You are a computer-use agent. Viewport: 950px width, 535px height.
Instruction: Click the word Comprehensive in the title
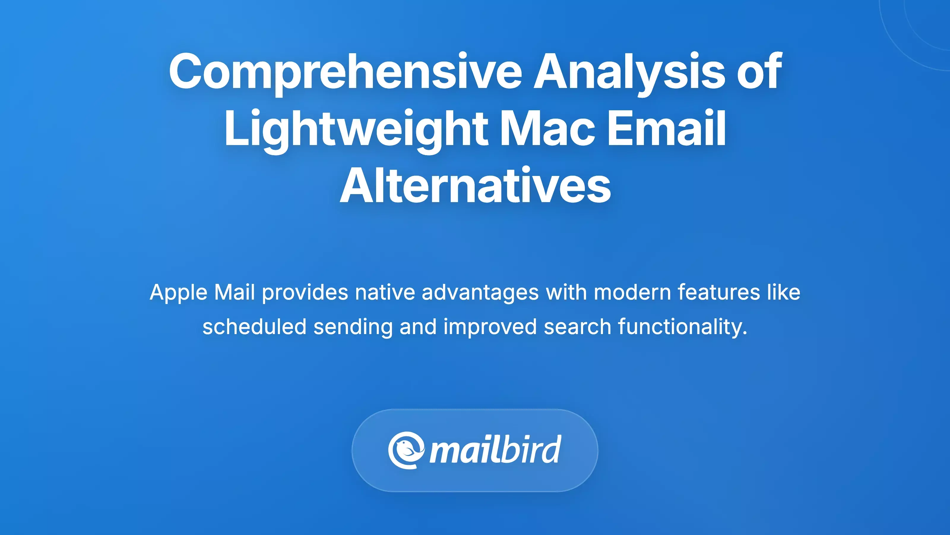[345, 72]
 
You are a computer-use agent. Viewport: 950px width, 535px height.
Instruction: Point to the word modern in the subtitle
[632, 292]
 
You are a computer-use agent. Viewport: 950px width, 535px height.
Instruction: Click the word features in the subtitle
[719, 292]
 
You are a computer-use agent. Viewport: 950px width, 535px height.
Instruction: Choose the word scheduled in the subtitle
[254, 327]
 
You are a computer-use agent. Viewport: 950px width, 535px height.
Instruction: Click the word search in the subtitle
[577, 327]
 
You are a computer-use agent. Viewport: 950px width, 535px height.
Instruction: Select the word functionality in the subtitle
[682, 327]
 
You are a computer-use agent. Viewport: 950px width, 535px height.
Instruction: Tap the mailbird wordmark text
[495, 450]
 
